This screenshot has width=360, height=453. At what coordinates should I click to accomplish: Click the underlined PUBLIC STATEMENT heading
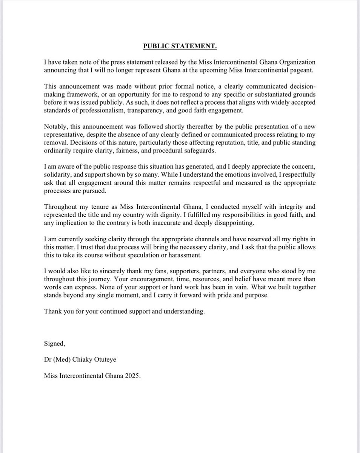tap(180, 46)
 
